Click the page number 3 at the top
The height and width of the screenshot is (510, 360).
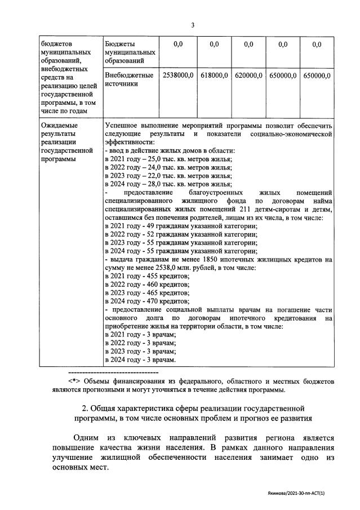click(193, 25)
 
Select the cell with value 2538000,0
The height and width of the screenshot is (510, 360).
click(178, 75)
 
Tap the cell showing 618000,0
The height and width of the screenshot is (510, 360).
click(214, 75)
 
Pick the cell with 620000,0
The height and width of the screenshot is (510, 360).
click(248, 75)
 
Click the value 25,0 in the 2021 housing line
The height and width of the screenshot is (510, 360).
click(163, 159)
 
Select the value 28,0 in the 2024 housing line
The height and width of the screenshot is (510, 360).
click(163, 184)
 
